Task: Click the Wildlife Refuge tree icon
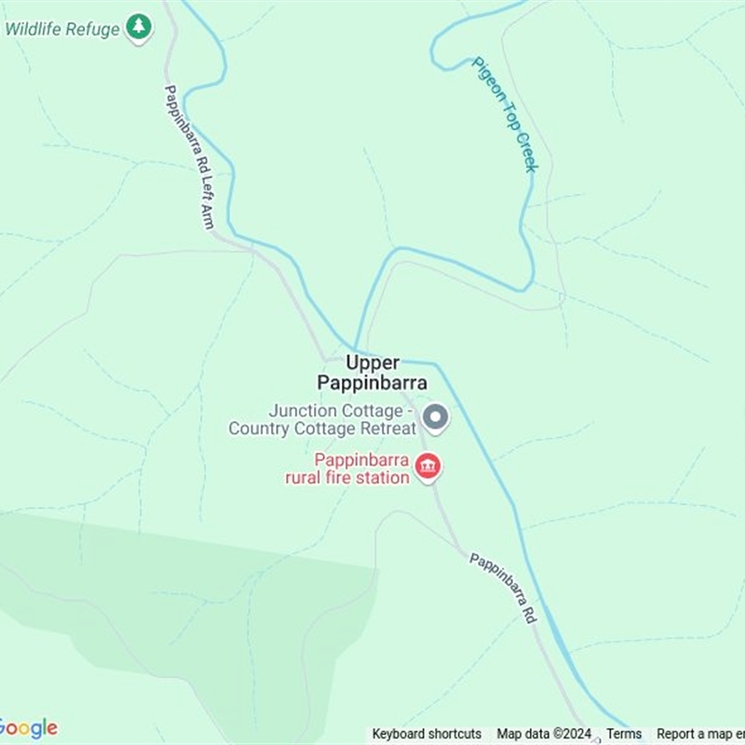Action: point(139,27)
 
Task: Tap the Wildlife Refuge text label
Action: point(62,29)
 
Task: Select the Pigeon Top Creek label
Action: point(505,114)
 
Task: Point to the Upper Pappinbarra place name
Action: point(372,372)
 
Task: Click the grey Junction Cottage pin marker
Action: point(435,417)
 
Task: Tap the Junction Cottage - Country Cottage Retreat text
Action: point(322,419)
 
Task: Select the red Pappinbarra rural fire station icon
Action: point(427,467)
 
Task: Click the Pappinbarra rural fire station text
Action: point(348,468)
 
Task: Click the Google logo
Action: point(28,728)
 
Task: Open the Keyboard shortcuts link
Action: point(427,734)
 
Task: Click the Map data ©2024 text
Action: point(544,734)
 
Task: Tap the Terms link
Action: point(624,734)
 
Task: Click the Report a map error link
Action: point(700,734)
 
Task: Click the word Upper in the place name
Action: point(372,362)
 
